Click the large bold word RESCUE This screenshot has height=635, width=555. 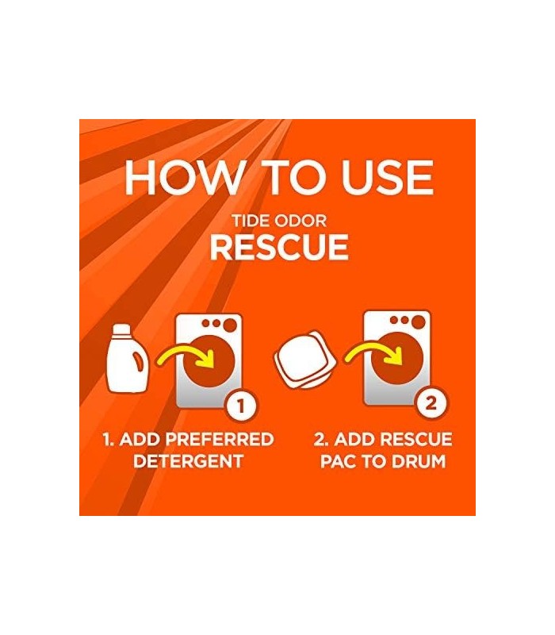point(278,247)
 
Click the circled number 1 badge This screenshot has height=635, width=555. point(242,406)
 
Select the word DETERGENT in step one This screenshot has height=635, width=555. point(188,461)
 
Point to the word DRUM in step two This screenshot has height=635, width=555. point(419,461)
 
